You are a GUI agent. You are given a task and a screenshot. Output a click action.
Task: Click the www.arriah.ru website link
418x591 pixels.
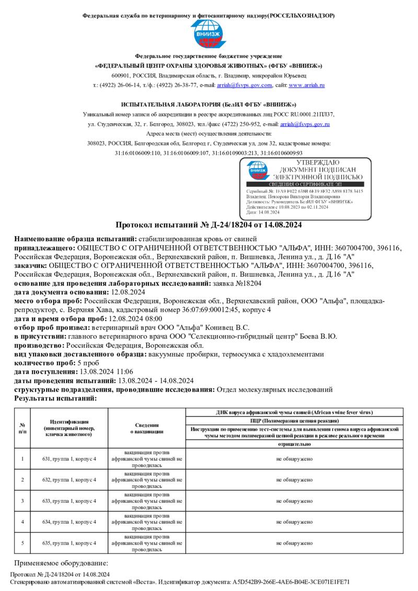[x=307, y=85]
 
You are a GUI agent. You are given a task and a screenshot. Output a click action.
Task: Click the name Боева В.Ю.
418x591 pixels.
[x=320, y=336]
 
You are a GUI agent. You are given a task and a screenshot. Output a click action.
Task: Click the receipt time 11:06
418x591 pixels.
[x=134, y=372]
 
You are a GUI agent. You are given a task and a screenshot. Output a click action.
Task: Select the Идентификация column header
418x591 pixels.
[x=69, y=428]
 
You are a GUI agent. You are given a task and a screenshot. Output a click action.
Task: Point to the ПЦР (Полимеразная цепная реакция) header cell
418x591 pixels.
[x=294, y=420]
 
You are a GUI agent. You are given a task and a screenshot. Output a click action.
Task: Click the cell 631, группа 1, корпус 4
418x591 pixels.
[x=69, y=459]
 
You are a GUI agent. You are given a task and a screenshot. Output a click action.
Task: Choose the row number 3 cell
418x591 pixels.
[x=22, y=501]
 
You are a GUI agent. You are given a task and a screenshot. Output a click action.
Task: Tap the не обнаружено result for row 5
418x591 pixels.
[x=294, y=543]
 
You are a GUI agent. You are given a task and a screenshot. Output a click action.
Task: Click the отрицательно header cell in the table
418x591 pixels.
[x=294, y=444]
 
